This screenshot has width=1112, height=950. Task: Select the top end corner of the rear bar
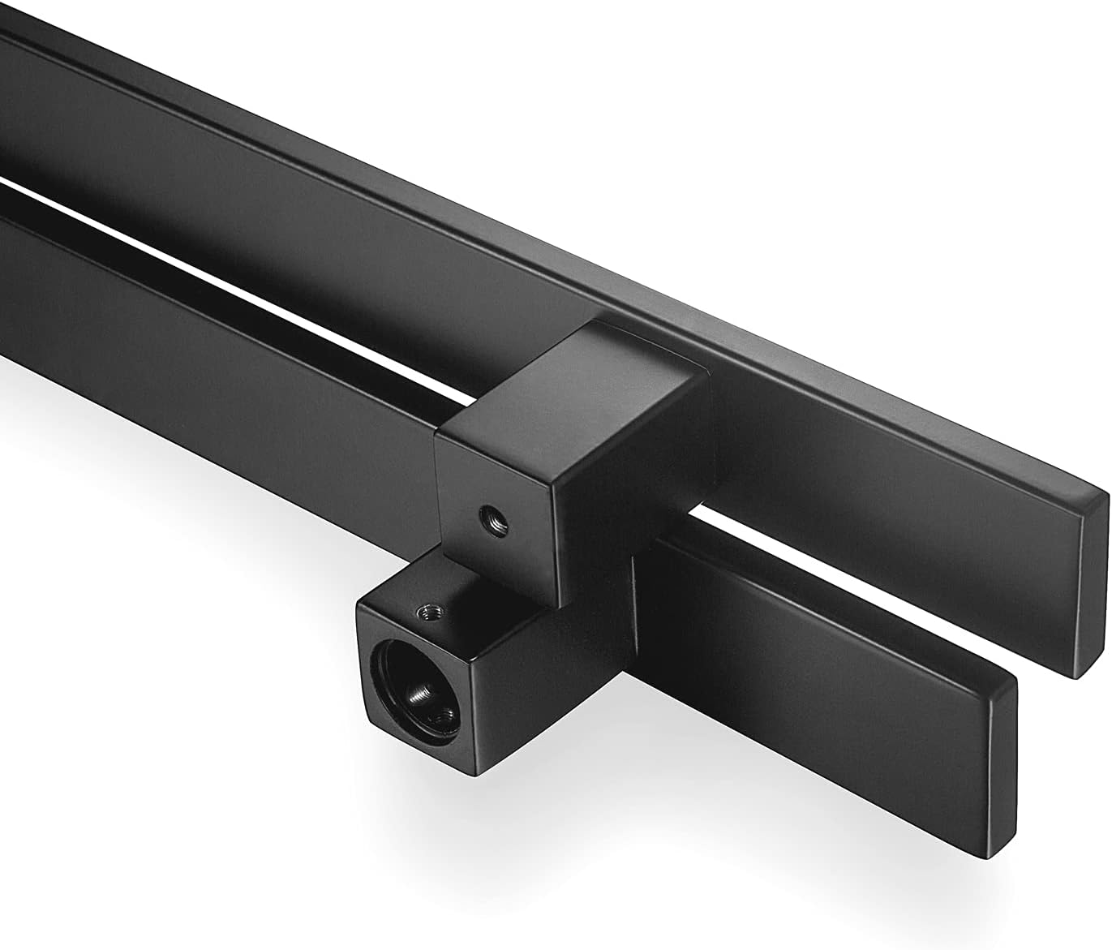coord(1107,491)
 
